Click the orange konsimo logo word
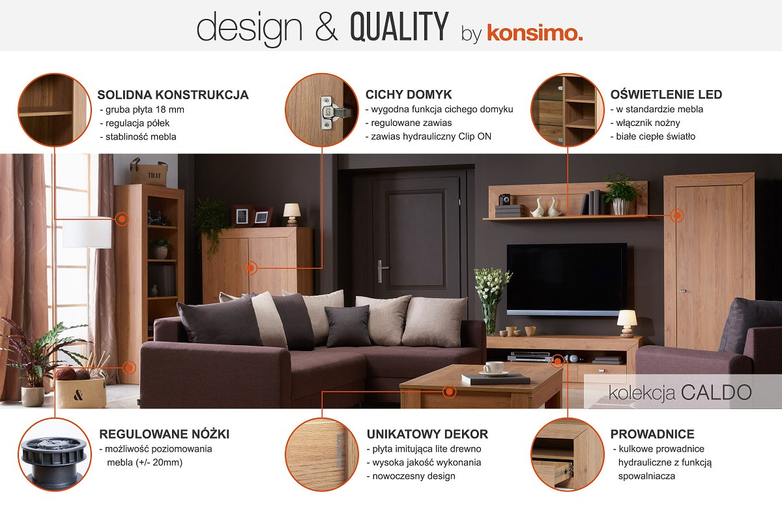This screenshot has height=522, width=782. [535, 33]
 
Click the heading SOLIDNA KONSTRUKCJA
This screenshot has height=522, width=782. [173, 95]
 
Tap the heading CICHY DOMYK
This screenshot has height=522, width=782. [409, 95]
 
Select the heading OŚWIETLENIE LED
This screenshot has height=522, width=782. [666, 95]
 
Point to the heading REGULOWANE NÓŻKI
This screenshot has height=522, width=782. [164, 434]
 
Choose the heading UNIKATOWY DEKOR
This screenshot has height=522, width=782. [427, 434]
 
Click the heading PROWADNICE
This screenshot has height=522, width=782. [652, 434]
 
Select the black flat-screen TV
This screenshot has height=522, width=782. [566, 279]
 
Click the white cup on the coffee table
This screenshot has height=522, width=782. [493, 368]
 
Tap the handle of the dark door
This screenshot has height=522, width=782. [381, 271]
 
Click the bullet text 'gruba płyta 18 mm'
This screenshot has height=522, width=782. [145, 110]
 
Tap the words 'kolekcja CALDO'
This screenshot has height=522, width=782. [680, 392]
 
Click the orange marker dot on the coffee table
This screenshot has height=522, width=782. [449, 391]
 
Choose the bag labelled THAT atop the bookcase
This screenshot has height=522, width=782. [149, 172]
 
